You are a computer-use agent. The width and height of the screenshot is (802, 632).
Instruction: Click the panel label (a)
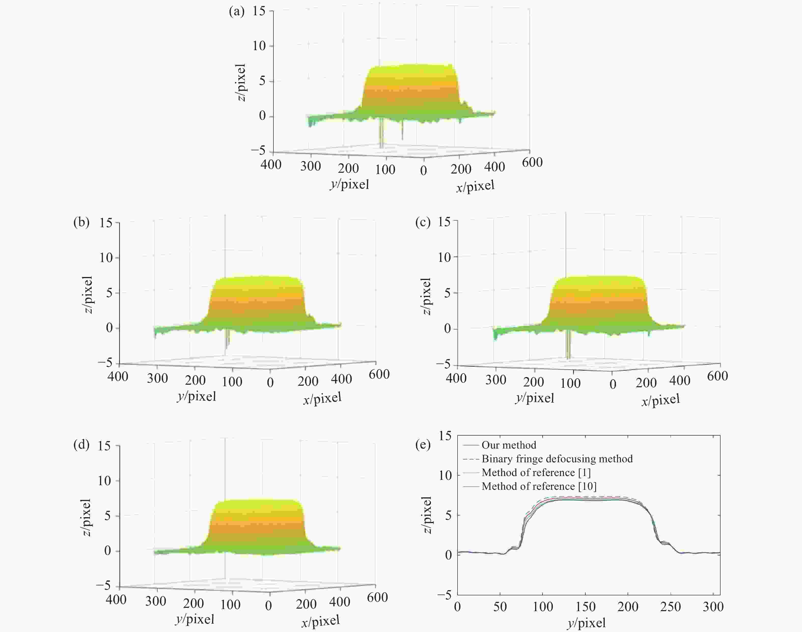[237, 12]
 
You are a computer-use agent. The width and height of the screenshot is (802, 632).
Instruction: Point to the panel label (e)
[423, 444]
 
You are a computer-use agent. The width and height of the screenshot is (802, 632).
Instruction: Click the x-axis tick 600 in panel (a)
[532, 162]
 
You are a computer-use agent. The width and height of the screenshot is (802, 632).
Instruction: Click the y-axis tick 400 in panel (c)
[456, 378]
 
